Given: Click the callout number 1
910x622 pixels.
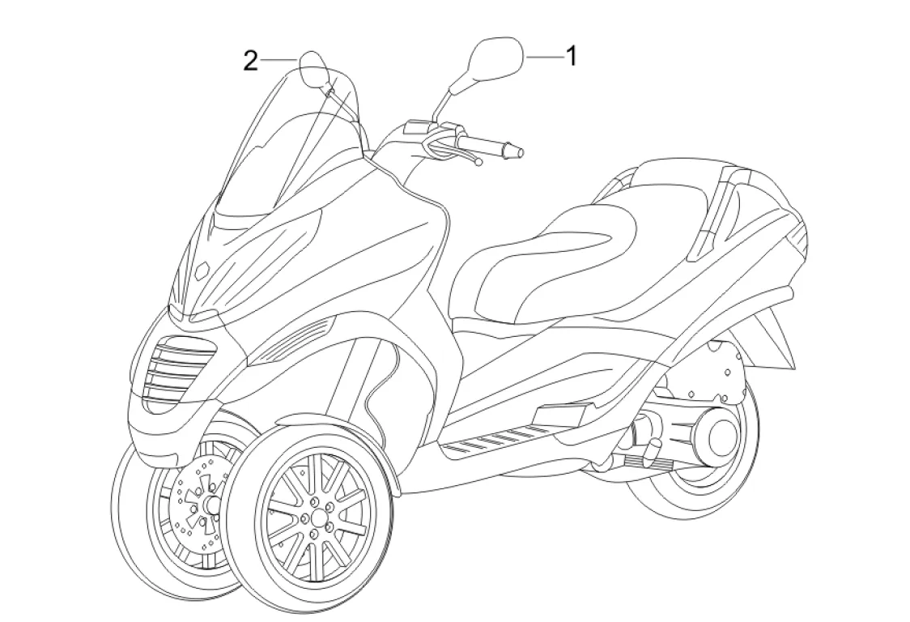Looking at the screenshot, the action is pos(570,57).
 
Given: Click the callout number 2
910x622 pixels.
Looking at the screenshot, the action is pos(252,61).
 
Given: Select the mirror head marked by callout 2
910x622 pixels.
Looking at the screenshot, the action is pos(314,68).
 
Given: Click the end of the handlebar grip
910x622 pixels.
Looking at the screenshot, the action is pos(519,151).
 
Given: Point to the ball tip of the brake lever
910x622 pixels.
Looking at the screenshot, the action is pos(478,163).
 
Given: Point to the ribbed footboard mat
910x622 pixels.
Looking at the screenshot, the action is pos(495,437).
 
